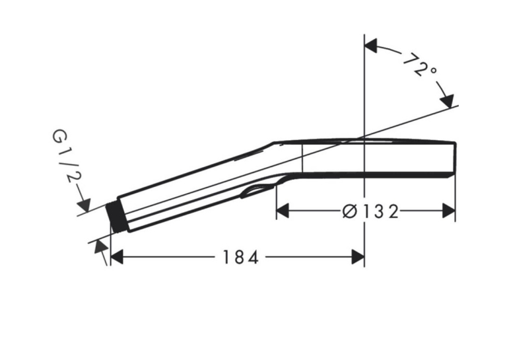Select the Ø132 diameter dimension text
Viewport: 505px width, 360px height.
point(370,212)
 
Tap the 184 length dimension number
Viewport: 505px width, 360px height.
point(240,257)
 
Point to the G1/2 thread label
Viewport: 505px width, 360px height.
point(67,156)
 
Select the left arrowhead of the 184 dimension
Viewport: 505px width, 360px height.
point(117,257)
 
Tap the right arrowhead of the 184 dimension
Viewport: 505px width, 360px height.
point(358,257)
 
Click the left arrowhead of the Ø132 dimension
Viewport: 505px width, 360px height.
point(283,211)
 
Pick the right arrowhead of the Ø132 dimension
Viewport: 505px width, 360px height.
point(449,211)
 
